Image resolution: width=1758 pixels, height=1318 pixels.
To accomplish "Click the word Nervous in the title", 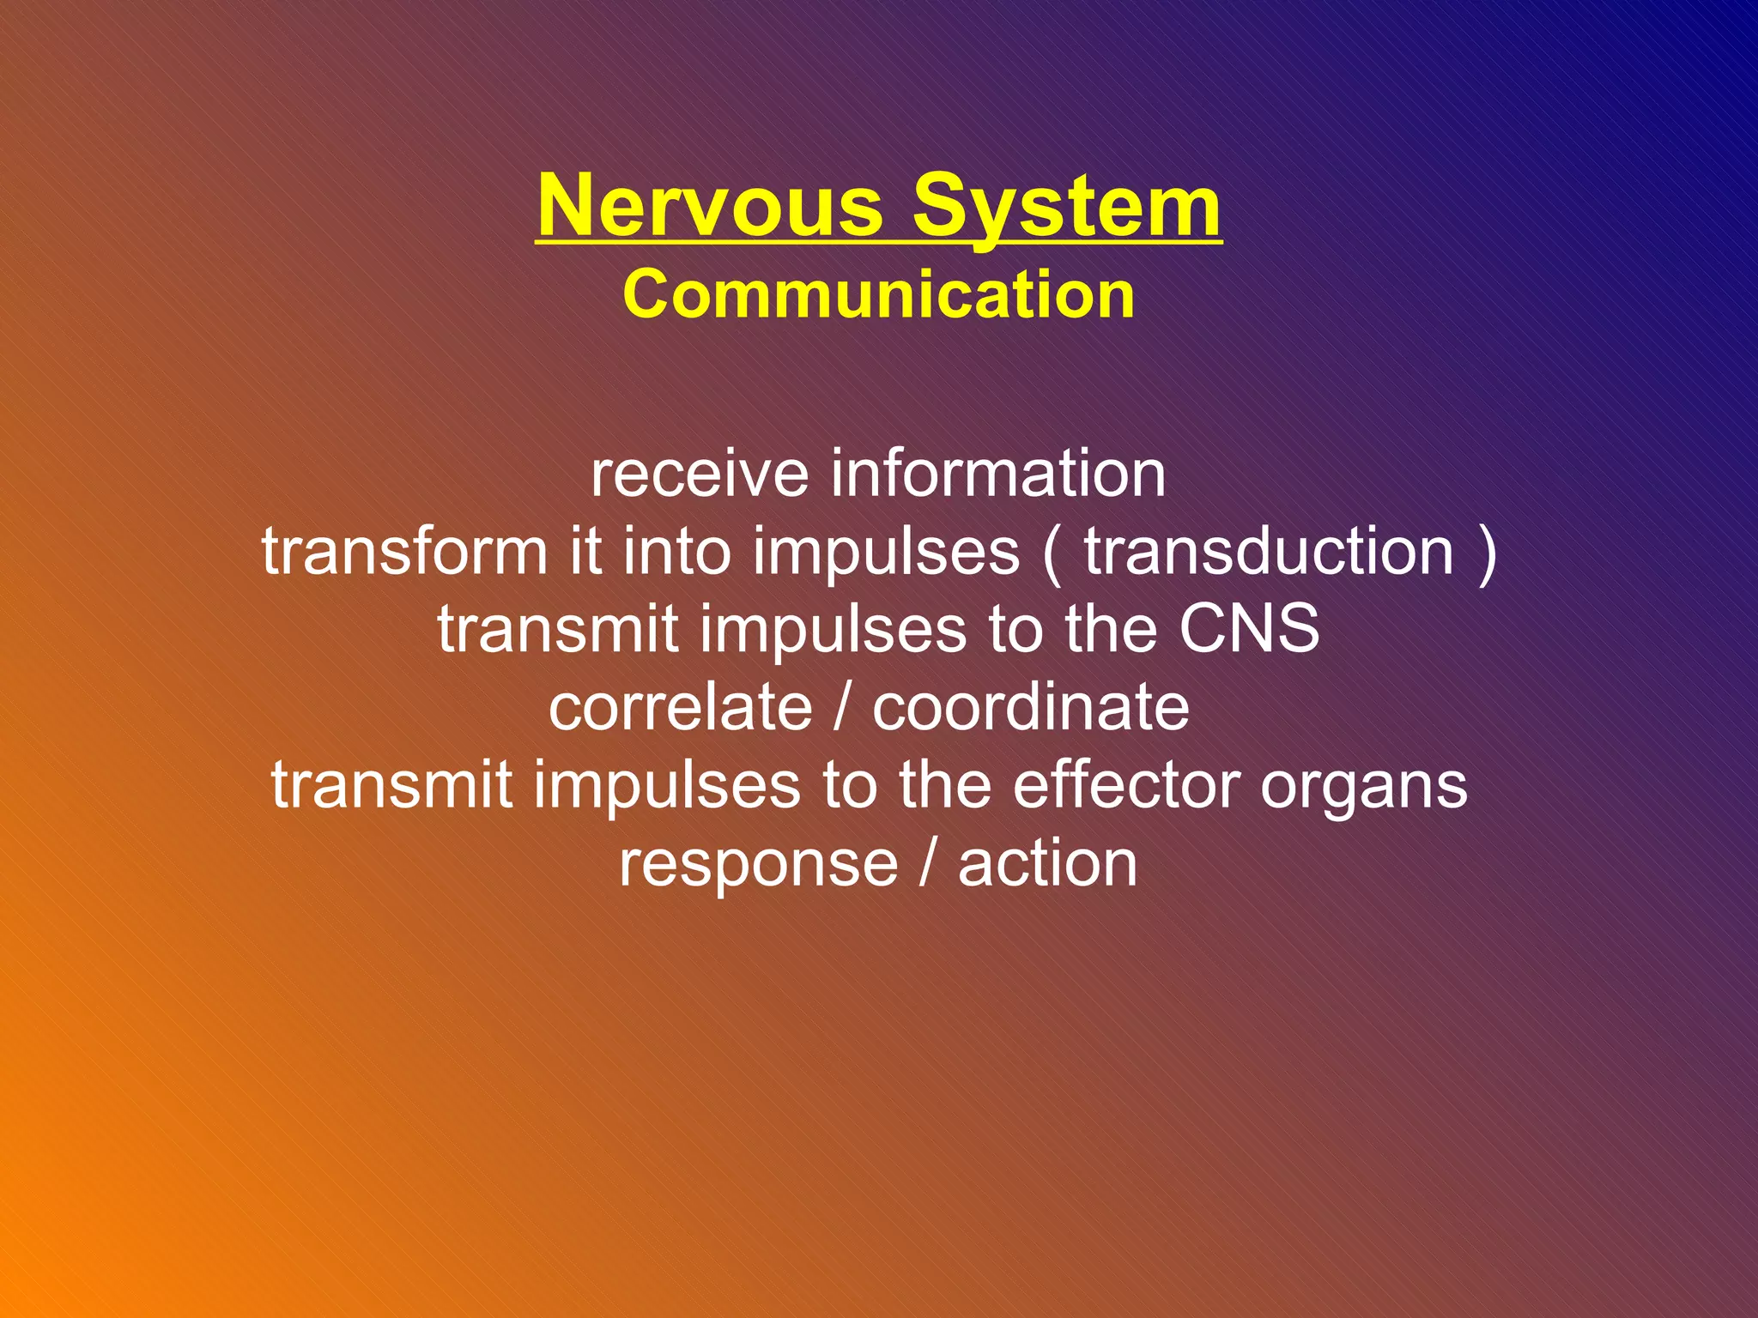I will click(x=710, y=206).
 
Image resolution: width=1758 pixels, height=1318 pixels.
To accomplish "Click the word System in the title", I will click(x=1066, y=206).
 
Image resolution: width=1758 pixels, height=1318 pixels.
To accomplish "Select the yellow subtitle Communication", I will click(x=878, y=294).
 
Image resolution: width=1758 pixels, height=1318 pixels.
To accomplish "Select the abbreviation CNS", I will click(x=1249, y=629).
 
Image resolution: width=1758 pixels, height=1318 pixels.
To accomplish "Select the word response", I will click(x=758, y=865).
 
